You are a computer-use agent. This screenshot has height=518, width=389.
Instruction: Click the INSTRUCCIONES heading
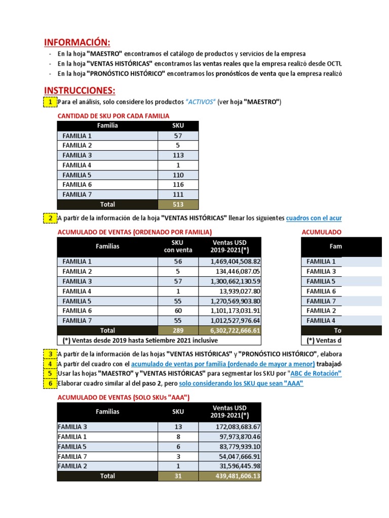click(80, 91)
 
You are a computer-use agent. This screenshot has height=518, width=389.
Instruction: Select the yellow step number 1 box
click(50, 102)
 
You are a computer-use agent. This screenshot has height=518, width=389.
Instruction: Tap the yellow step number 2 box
click(50, 219)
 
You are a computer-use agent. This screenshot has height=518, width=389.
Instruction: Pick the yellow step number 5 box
click(50, 373)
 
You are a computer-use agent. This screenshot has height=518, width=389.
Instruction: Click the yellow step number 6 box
click(50, 383)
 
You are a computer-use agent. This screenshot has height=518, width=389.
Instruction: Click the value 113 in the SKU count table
click(178, 155)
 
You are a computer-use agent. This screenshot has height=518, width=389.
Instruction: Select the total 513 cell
click(178, 204)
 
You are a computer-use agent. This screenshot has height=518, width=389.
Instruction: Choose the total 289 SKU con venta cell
click(178, 330)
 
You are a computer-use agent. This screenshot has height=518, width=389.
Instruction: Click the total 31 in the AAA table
click(178, 476)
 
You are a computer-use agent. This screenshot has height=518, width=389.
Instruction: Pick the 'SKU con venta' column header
click(178, 246)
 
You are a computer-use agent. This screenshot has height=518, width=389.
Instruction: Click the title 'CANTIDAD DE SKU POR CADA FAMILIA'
click(113, 116)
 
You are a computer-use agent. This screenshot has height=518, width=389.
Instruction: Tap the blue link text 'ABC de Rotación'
click(316, 374)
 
